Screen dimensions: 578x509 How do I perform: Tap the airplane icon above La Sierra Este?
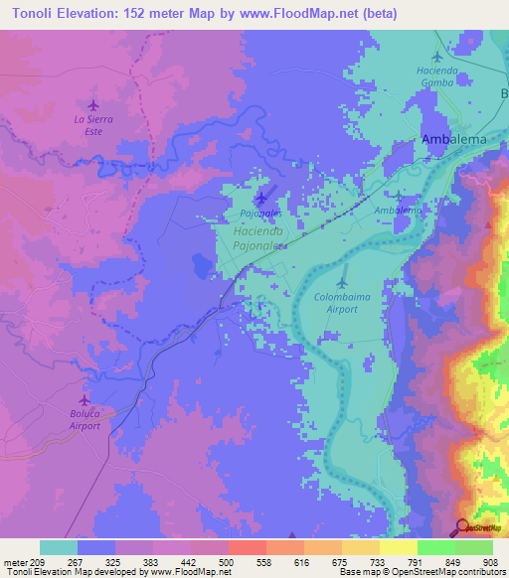pos(93,104)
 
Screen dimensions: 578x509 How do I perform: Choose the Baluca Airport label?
pos(85,419)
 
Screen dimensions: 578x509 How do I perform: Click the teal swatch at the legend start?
pos(58,547)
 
